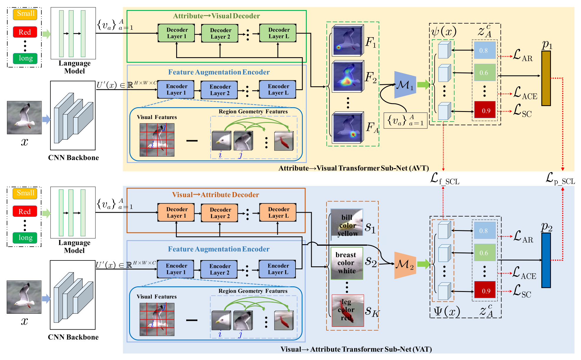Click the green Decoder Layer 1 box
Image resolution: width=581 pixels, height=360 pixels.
(176, 33)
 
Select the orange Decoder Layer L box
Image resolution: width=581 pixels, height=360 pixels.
(278, 212)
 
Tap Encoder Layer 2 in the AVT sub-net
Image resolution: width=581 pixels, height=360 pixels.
(220, 90)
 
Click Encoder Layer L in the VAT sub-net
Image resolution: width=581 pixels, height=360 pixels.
(278, 269)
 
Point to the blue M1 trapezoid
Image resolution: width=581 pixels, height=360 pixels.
(405, 85)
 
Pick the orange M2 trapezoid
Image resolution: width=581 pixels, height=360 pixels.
(405, 265)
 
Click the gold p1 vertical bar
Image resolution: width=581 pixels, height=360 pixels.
(546, 78)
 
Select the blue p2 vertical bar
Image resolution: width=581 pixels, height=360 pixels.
(546, 260)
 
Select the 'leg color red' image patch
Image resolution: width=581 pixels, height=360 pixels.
(348, 311)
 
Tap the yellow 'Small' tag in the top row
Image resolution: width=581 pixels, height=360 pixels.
(25, 14)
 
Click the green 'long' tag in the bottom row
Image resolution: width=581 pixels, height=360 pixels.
(25, 238)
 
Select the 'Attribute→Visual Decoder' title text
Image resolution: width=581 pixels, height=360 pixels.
(216, 16)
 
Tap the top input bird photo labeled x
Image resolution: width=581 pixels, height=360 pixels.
(24, 118)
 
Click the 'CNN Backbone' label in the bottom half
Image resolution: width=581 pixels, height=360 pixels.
(73, 337)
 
